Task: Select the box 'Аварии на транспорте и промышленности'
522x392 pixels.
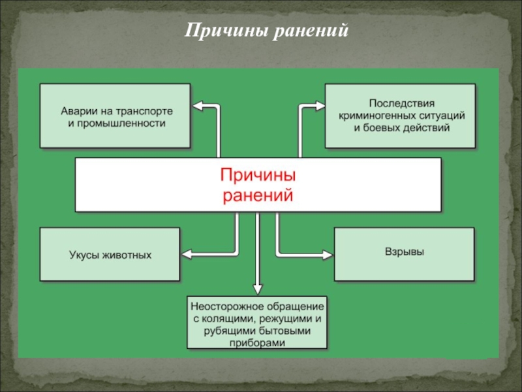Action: [115, 116]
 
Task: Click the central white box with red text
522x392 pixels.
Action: [258, 184]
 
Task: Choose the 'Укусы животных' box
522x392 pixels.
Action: [110, 254]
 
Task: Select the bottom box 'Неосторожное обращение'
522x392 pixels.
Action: [258, 323]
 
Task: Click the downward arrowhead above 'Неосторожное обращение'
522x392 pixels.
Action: [258, 289]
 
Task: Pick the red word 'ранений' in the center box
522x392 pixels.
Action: [258, 195]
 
